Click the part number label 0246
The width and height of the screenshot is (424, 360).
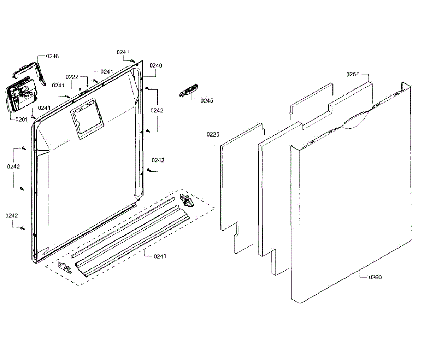click(53, 56)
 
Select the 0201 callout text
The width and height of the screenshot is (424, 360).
click(21, 120)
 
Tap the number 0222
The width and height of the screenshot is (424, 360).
click(72, 77)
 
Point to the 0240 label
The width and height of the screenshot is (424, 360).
click(155, 65)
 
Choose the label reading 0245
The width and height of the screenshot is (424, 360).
click(207, 101)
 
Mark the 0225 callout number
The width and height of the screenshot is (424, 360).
click(213, 134)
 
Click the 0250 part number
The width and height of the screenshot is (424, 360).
click(353, 75)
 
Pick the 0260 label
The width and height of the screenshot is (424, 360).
click(375, 277)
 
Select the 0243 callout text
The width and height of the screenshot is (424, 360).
click(160, 256)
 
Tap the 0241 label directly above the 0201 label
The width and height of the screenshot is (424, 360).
click(44, 108)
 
